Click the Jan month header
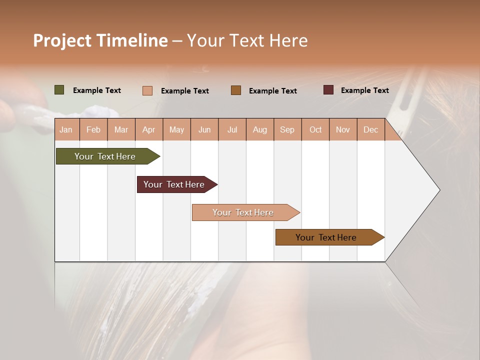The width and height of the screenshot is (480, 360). [x=66, y=129]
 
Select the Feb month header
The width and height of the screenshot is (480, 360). [x=93, y=129]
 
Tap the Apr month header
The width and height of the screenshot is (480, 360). [x=148, y=129]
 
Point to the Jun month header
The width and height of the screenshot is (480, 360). [x=204, y=129]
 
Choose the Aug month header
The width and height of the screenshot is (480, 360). [x=259, y=129]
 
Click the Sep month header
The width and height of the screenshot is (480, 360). [x=287, y=129]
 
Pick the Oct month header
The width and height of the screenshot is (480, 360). [x=315, y=129]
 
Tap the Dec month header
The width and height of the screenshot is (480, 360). [x=370, y=129]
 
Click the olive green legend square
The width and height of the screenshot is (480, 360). [x=59, y=90]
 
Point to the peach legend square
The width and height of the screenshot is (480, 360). [x=147, y=90]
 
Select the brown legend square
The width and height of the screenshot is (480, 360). [x=236, y=90]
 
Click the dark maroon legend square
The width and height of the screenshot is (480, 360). [x=328, y=90]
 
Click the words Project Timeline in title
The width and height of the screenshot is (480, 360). [x=100, y=40]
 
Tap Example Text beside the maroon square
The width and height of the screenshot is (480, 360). [x=364, y=90]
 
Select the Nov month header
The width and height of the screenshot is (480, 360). [x=343, y=129]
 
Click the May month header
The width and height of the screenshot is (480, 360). [x=176, y=129]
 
